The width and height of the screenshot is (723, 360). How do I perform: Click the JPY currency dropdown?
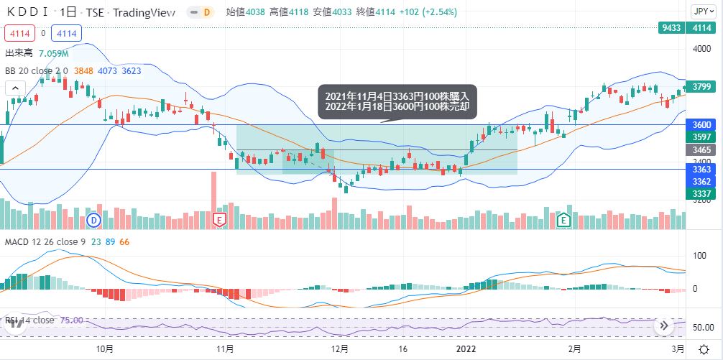(701, 11)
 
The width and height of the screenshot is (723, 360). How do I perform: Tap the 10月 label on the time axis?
(105, 349)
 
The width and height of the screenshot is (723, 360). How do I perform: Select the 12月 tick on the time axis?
(339, 349)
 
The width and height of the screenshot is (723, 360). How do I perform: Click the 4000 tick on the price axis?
(701, 48)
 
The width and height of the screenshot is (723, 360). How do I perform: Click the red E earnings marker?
(220, 219)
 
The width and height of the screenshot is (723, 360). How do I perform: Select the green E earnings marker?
(565, 219)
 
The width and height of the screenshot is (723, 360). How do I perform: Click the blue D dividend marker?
(93, 219)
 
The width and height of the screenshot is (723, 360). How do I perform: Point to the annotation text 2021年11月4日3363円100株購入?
(397, 96)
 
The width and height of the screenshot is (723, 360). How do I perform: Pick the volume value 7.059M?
(54, 54)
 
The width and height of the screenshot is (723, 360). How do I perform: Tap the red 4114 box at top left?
(19, 33)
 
